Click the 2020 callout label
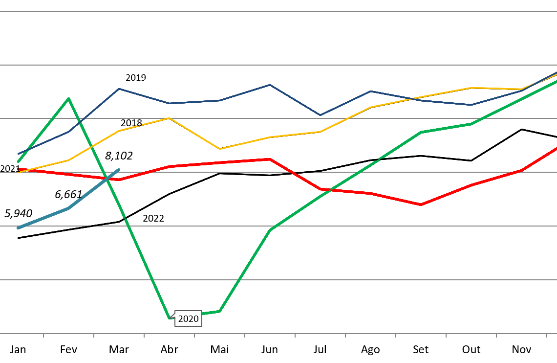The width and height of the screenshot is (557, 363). (x=188, y=319)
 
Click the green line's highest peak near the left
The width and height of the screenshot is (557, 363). (x=68, y=98)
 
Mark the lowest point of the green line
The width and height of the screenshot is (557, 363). (x=170, y=318)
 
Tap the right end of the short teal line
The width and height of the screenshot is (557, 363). (x=119, y=170)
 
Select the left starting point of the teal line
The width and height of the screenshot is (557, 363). (x=19, y=228)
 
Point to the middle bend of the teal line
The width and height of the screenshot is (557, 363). (x=68, y=208)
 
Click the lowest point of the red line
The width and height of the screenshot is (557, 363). (x=421, y=204)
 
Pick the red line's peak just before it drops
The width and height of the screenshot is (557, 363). (x=270, y=159)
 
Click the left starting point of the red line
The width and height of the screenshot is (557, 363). (x=19, y=169)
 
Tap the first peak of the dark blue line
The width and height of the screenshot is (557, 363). (x=119, y=89)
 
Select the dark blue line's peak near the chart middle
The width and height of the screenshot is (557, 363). (x=270, y=85)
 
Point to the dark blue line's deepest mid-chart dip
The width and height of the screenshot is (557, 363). (x=320, y=115)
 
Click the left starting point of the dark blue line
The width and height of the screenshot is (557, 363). (x=19, y=154)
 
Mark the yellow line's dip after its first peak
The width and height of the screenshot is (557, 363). (x=219, y=149)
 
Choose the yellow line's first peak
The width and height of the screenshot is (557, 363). (x=169, y=118)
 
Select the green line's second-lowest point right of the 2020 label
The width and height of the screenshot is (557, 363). (x=219, y=311)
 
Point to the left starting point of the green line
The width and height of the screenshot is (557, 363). (x=19, y=161)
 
